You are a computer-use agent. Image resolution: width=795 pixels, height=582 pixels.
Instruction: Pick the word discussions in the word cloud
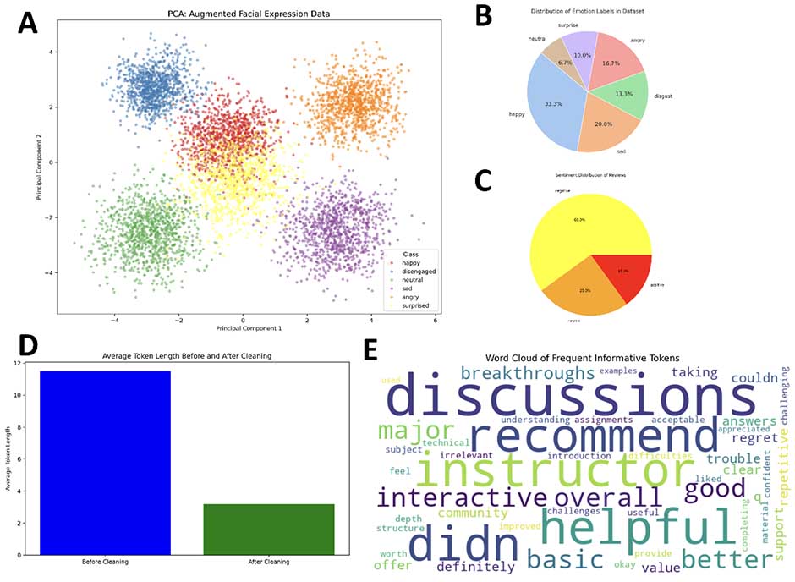[x=572, y=398]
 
